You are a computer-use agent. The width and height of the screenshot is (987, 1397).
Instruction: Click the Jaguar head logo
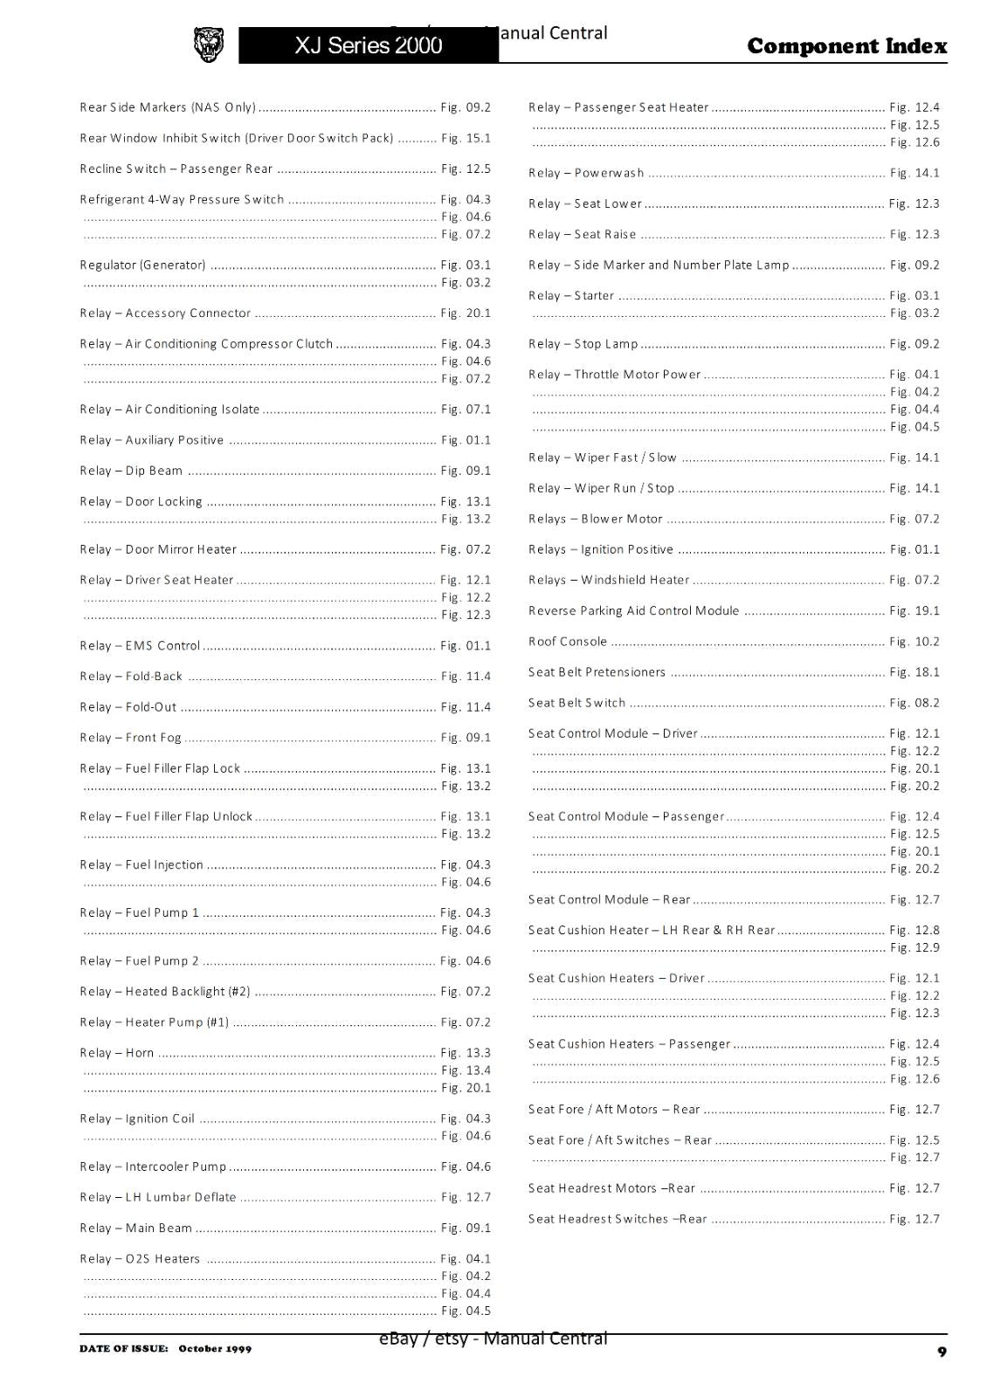(x=208, y=45)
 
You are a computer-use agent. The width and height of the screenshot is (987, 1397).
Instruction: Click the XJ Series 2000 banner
(x=368, y=45)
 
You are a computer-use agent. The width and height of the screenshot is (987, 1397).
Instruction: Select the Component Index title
(x=846, y=46)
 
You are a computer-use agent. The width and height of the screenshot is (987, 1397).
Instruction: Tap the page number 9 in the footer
(x=942, y=1352)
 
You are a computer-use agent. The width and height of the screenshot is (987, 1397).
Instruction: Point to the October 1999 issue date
(x=215, y=1349)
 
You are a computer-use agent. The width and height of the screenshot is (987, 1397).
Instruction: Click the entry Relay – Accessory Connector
(x=165, y=313)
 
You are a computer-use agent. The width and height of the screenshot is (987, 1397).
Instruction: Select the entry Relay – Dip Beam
(x=131, y=471)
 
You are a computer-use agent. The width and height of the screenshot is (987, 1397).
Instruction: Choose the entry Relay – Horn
(x=117, y=1053)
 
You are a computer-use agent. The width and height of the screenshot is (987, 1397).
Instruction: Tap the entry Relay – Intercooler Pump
(x=153, y=1166)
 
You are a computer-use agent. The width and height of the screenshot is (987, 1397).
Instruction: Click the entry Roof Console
(x=568, y=642)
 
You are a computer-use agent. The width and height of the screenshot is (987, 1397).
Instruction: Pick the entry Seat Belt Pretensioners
(x=597, y=672)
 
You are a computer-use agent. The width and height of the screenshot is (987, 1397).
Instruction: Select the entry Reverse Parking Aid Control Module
(x=633, y=611)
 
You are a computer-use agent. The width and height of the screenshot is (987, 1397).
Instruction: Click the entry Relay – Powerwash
(x=586, y=173)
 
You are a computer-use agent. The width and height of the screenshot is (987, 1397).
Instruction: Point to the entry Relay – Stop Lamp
(x=583, y=344)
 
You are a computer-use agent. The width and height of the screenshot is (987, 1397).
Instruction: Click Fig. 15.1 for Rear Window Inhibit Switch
(x=466, y=138)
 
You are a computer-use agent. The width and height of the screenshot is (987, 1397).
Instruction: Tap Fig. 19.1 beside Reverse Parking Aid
(x=915, y=611)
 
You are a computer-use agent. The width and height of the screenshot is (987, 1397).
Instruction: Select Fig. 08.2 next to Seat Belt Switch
(x=915, y=703)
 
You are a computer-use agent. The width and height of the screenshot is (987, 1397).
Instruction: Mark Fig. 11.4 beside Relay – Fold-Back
(x=466, y=677)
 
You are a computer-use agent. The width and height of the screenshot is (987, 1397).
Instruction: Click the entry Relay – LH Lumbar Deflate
(x=158, y=1197)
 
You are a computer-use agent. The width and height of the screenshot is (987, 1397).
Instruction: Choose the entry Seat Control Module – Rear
(x=610, y=899)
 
